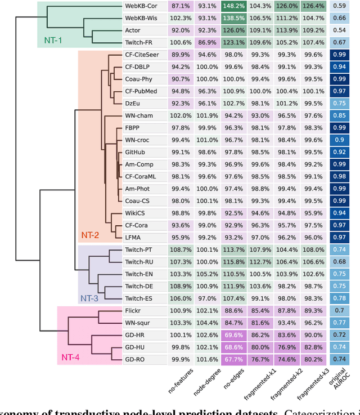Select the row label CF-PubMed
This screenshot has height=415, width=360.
(141, 91)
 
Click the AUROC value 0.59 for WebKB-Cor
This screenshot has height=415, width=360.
(339, 7)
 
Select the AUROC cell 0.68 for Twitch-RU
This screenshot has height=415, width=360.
(339, 262)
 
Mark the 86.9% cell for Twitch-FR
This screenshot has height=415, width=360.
(206, 43)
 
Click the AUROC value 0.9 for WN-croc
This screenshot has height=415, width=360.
(339, 140)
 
